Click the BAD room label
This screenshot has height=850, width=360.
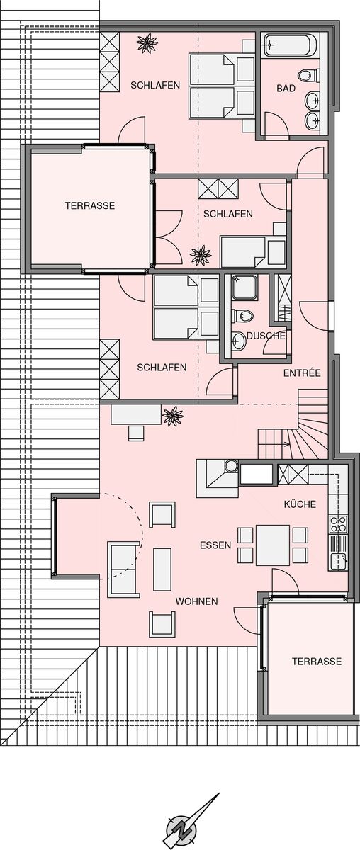coord(286,89)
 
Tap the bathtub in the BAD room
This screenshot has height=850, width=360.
coord(291,45)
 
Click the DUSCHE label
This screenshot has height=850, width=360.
coord(266,336)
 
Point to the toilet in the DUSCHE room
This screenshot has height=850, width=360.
coord(243,315)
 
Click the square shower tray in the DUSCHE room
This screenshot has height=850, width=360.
coord(244,288)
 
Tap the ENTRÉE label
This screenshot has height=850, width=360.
coord(302,373)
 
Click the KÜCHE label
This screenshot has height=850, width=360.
coord(300,504)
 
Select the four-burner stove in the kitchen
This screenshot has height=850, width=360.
coord(338,524)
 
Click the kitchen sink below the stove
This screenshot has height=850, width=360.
coord(338,561)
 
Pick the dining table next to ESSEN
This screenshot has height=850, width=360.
coord(273,545)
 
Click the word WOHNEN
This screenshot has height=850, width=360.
coord(196,601)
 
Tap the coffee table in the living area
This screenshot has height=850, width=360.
coord(162,569)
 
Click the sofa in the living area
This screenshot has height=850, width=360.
coord(123,569)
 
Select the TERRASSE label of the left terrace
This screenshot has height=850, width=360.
coord(90,205)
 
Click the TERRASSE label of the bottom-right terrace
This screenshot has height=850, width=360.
coord(317,662)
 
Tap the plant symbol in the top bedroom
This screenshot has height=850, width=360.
coord(147,42)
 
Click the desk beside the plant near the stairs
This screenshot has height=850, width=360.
coord(136,415)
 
